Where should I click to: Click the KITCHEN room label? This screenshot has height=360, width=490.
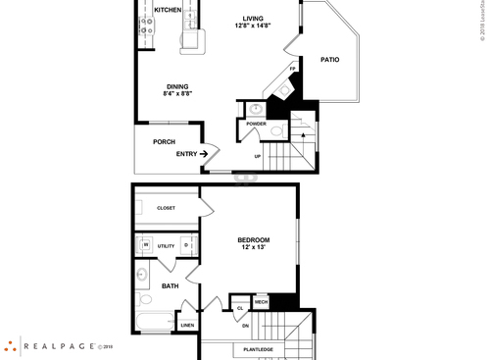(168, 10)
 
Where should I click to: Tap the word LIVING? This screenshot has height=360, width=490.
(253, 18)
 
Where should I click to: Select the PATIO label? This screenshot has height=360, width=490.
(330, 60)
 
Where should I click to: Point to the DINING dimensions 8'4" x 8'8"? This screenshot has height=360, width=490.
(177, 95)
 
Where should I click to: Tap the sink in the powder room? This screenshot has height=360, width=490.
(256, 108)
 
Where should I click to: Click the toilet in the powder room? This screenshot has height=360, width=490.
(276, 130)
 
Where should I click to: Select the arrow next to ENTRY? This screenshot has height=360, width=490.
(206, 153)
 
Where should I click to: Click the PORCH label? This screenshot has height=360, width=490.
(164, 141)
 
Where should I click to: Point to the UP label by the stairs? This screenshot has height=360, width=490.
(258, 156)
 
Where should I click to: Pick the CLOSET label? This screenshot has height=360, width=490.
(166, 207)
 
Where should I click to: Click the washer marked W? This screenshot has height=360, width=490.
(145, 245)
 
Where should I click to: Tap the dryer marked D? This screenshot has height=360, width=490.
(185, 245)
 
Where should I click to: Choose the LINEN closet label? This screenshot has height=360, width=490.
(187, 324)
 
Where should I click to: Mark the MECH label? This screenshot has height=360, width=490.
(261, 302)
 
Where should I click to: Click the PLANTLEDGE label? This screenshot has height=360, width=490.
(252, 349)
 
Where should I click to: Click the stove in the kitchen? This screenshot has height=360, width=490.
(146, 26)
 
